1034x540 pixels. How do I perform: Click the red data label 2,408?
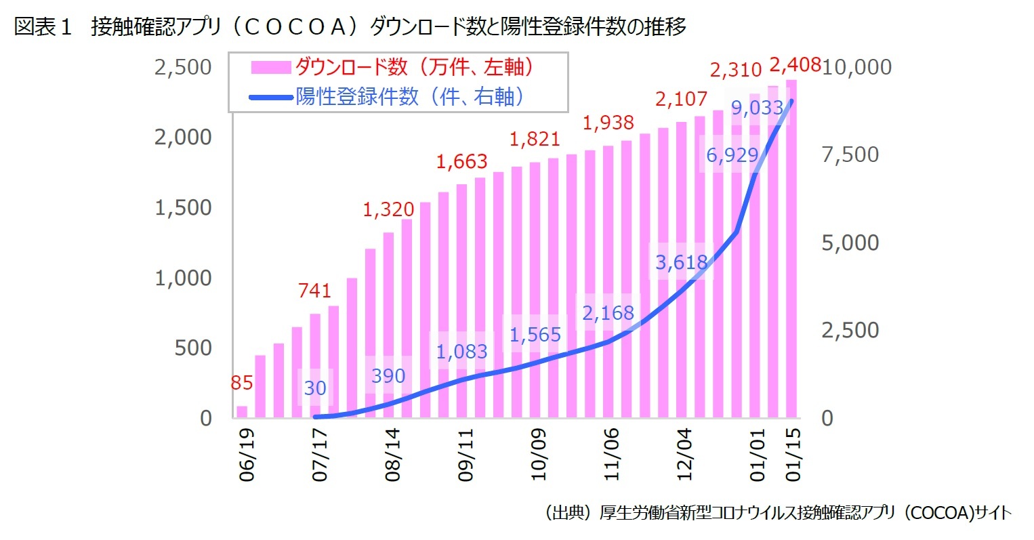pyautogui.click(x=795, y=65)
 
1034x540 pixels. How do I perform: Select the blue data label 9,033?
pyautogui.click(x=757, y=107)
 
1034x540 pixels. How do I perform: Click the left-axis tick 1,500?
pyautogui.click(x=183, y=207)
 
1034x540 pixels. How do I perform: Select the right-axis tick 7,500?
pyautogui.click(x=850, y=154)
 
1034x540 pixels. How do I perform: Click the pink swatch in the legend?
pyautogui.click(x=271, y=67)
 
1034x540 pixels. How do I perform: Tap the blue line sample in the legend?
pyautogui.click(x=271, y=98)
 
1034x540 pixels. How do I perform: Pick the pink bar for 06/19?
pyautogui.click(x=242, y=411)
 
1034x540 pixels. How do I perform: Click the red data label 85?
pyautogui.click(x=242, y=383)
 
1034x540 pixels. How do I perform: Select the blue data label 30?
pyautogui.click(x=315, y=388)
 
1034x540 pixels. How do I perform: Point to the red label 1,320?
pyautogui.click(x=388, y=209)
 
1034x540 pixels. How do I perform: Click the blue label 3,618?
pyautogui.click(x=682, y=262)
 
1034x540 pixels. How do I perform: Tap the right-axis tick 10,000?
pyautogui.click(x=856, y=66)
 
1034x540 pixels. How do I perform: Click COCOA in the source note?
pyautogui.click(x=943, y=513)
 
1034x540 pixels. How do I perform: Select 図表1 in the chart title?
pyautogui.click(x=43, y=27)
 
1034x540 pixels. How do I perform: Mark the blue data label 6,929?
pyautogui.click(x=732, y=155)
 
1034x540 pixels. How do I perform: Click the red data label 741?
pyautogui.click(x=315, y=290)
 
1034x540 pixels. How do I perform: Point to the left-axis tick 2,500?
pyautogui.click(x=183, y=67)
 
